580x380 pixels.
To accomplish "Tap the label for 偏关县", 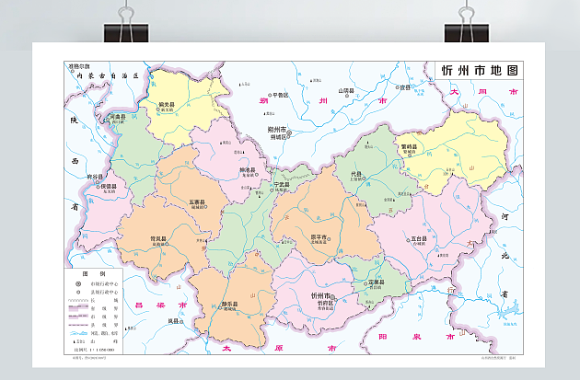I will [167, 104].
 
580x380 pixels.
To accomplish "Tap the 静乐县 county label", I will [230, 304].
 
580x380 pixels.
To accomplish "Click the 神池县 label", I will [247, 169].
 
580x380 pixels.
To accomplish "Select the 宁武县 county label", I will [282, 184].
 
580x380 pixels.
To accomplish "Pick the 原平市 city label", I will [319, 237].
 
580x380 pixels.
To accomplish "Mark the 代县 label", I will [356, 173].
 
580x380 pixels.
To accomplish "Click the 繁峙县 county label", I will [409, 145].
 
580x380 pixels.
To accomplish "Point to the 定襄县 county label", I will [375, 282].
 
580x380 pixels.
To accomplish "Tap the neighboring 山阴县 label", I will [346, 90].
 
